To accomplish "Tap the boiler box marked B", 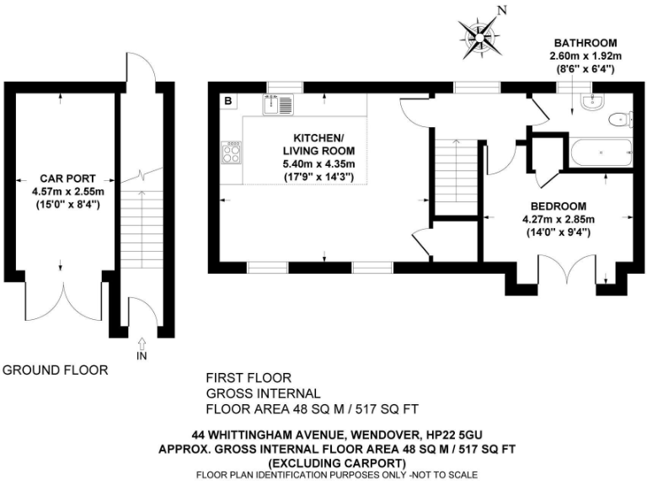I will coord(227,103).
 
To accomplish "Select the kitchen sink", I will coord(278,105).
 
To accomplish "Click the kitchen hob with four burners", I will coord(231,152).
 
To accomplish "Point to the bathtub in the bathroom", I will coord(600,154).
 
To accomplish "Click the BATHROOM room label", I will coord(585,43).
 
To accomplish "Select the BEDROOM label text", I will coord(559,206).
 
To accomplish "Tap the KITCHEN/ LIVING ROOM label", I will coord(318,144).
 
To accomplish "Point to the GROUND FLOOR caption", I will coord(56,370).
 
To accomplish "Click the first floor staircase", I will coord(454,177).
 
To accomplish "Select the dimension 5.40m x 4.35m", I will coord(318,163).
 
